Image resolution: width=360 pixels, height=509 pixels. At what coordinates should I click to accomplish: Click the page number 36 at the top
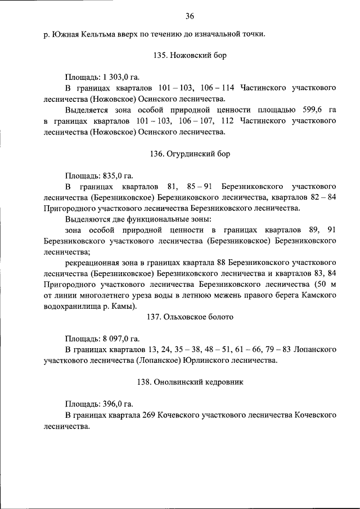[x=190, y=15]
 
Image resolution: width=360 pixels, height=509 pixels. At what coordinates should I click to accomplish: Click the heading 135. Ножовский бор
[x=190, y=57]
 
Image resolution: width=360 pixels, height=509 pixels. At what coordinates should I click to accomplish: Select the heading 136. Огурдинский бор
[x=190, y=154]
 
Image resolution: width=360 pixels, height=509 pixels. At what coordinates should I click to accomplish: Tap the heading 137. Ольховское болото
[x=190, y=317]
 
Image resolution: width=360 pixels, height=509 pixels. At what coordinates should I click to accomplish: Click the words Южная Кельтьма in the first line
[x=78, y=35]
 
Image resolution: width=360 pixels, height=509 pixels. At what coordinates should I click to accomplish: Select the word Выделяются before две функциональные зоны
[x=90, y=219]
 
